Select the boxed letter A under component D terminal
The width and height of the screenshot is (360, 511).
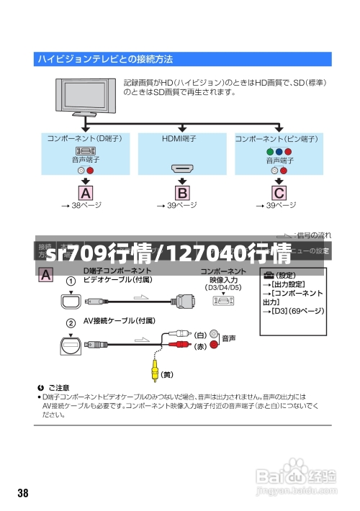(x=86, y=192)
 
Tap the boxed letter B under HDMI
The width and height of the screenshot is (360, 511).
(x=183, y=192)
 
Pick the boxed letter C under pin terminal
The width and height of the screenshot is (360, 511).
(x=278, y=192)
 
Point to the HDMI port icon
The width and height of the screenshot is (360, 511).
(x=183, y=169)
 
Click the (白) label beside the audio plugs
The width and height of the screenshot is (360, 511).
(x=199, y=335)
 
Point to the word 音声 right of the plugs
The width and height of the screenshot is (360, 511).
(x=229, y=338)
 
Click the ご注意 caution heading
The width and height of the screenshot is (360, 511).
(x=59, y=387)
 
